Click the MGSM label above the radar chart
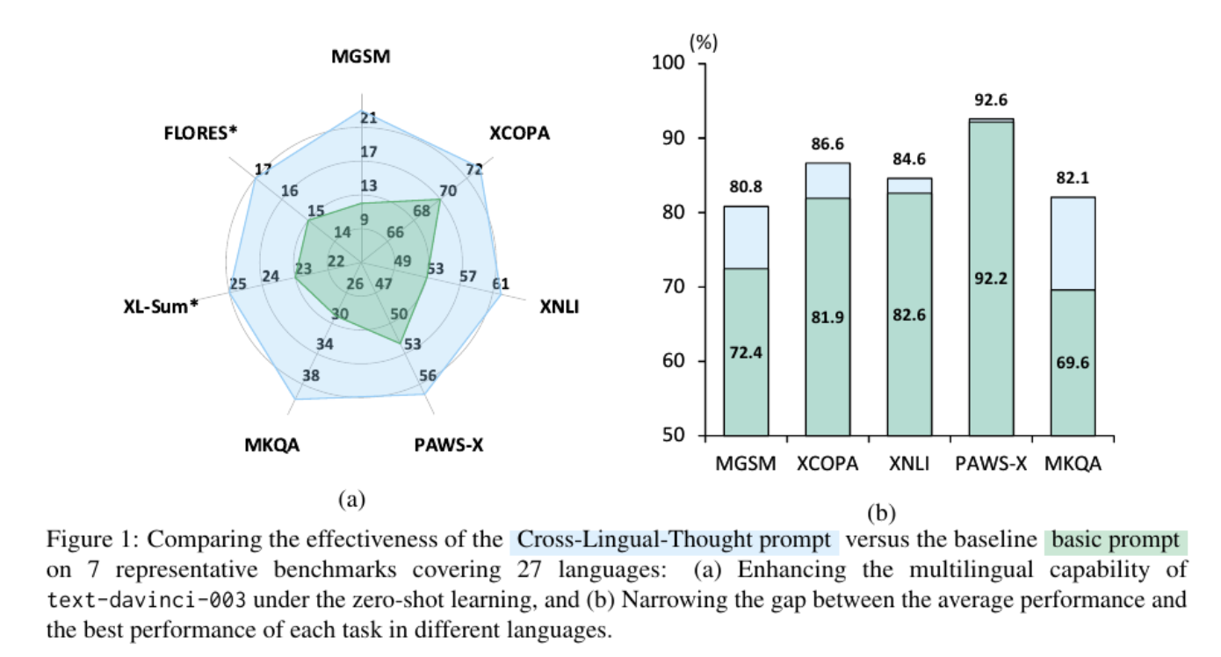(360, 57)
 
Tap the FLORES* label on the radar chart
(201, 134)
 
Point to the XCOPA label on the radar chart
(519, 134)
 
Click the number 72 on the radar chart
(474, 170)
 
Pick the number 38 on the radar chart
(310, 376)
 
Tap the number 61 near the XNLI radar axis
(501, 283)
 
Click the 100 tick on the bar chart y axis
(668, 64)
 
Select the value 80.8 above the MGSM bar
(745, 187)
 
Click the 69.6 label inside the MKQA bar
(1073, 362)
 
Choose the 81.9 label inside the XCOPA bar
(827, 317)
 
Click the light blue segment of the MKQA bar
(1073, 242)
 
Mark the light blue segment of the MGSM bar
(745, 237)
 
